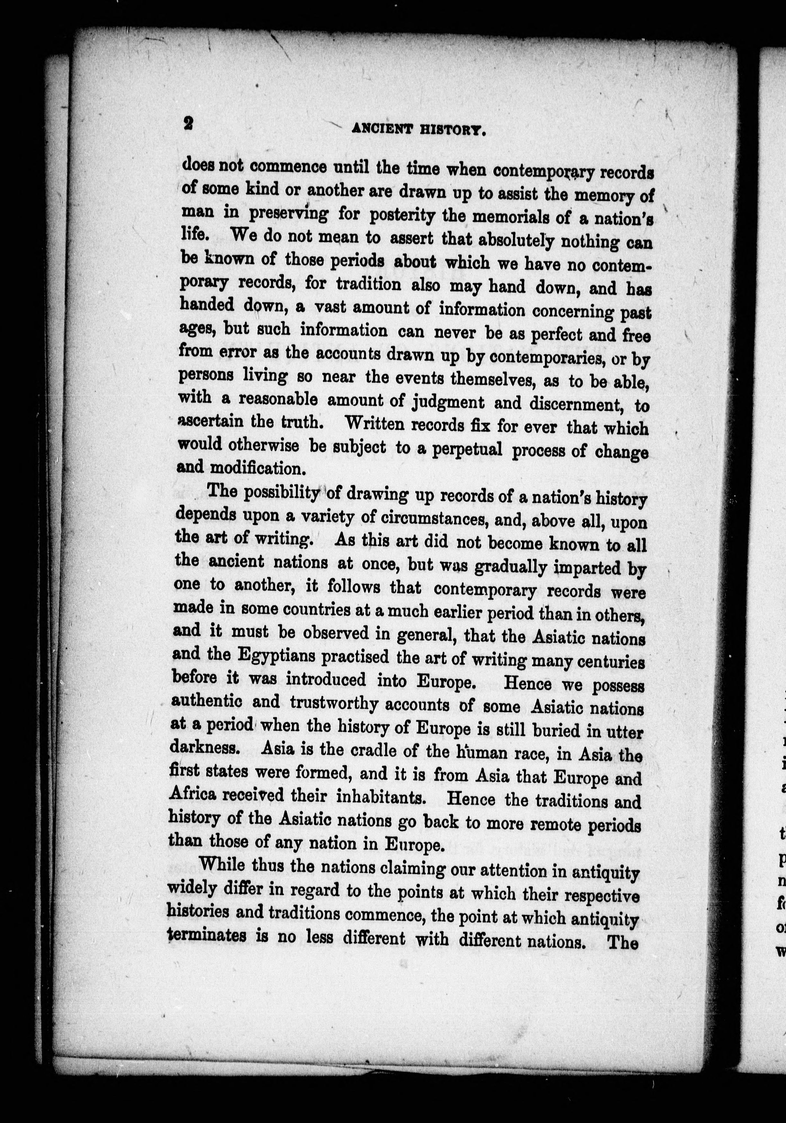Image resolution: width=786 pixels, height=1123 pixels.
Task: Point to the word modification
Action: pos(258,468)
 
